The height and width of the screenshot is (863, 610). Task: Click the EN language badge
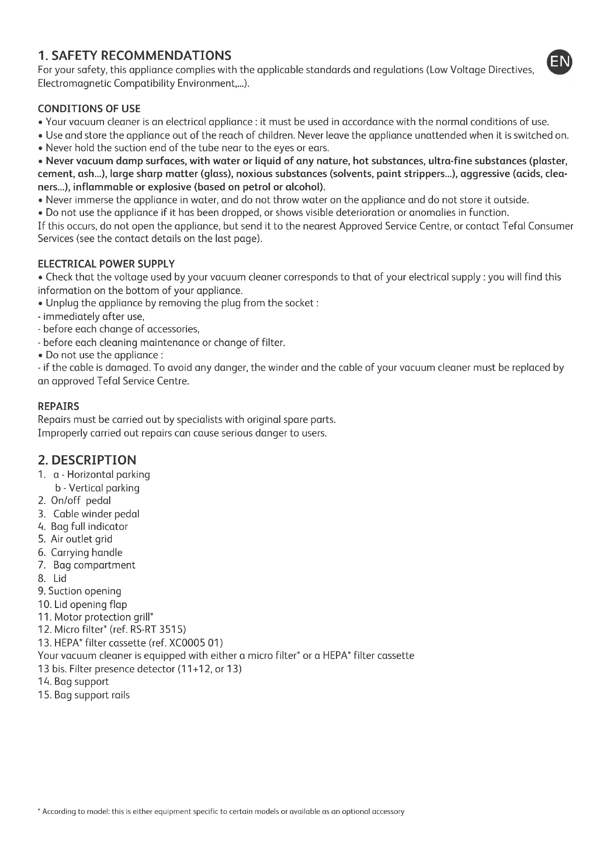pyautogui.click(x=559, y=62)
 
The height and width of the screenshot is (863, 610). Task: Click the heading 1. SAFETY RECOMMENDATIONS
pyautogui.click(x=135, y=56)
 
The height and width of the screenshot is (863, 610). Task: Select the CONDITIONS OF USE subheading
pyautogui.click(x=89, y=108)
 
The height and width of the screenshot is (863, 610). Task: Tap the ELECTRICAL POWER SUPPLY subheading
pyautogui.click(x=106, y=264)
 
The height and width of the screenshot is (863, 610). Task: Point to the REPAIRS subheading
pyautogui.click(x=59, y=406)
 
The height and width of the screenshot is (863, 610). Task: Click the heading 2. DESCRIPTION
pyautogui.click(x=87, y=460)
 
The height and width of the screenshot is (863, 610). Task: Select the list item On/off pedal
pyautogui.click(x=80, y=501)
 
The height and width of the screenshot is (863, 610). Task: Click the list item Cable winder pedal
pyautogui.click(x=96, y=514)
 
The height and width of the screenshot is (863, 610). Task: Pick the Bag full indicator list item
pyautogui.click(x=89, y=527)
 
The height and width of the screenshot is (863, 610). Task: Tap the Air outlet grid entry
pyautogui.click(x=81, y=539)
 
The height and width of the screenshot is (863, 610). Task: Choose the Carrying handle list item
pyautogui.click(x=86, y=553)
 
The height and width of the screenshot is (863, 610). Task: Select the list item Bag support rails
pyautogui.click(x=92, y=695)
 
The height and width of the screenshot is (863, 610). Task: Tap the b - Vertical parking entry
pyautogui.click(x=97, y=488)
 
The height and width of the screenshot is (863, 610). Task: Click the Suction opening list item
pyautogui.click(x=84, y=591)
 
